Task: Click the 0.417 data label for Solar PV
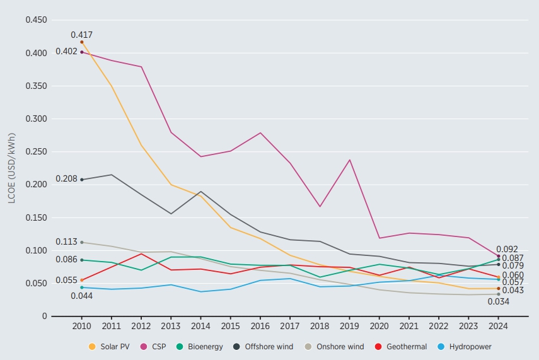[81, 35]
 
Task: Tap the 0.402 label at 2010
[66, 52]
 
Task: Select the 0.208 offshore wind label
[66, 179]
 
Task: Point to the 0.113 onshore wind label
[66, 241]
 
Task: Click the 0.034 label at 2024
[498, 301]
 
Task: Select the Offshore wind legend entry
[260, 347]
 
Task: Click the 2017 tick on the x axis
[289, 327]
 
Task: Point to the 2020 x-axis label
[379, 327]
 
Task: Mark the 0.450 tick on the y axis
[36, 20]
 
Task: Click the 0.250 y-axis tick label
[36, 152]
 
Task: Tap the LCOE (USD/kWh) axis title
[12, 168]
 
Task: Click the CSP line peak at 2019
[349, 160]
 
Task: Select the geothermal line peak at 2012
[141, 254]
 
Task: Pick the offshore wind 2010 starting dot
[81, 180]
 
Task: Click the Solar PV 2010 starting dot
[81, 42]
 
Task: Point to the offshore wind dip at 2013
[171, 214]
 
